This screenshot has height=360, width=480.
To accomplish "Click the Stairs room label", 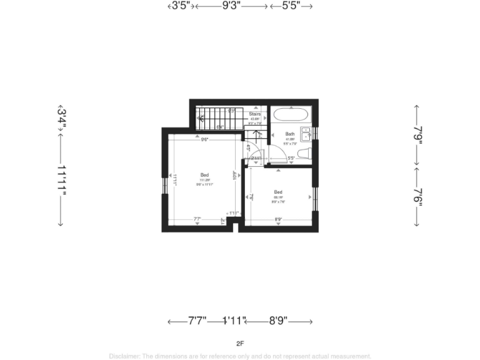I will coord(254,114).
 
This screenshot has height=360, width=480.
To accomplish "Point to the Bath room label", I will coord(290,134).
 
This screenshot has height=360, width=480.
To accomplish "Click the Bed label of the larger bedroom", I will coord(204,174).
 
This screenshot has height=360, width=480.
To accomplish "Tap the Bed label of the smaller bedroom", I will coord(278,192).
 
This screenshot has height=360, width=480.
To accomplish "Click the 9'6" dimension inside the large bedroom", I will coord(204,140).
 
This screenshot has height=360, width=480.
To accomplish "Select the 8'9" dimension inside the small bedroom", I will coord(279,219).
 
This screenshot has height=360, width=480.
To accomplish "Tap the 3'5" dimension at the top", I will coord(181,6).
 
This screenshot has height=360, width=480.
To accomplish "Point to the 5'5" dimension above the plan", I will coord(291,6).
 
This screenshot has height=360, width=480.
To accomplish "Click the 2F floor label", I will coord(240,342).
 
